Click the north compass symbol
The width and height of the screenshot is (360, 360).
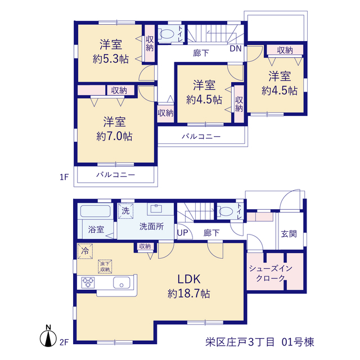click(x=48, y=337)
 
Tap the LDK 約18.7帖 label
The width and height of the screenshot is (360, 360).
click(x=189, y=286)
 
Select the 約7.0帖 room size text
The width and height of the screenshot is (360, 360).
click(x=114, y=136)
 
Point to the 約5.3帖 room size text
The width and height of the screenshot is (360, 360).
click(x=111, y=59)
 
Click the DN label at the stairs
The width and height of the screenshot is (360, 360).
click(x=236, y=48)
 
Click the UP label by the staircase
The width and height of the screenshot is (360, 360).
click(x=183, y=233)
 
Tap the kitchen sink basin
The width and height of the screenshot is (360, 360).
click(x=121, y=282)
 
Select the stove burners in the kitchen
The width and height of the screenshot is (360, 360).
click(x=88, y=282)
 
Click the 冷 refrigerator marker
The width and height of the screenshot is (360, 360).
click(x=85, y=251)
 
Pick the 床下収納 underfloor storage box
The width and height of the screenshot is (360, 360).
click(x=105, y=267)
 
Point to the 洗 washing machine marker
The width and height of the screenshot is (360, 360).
click(x=125, y=211)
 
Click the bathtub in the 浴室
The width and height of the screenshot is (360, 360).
click(x=95, y=211)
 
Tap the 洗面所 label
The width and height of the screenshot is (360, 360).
click(x=151, y=227)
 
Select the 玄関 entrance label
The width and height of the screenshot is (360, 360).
click(x=289, y=234)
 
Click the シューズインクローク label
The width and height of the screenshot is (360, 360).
click(x=271, y=273)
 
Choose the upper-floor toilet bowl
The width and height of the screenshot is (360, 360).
click(x=166, y=34)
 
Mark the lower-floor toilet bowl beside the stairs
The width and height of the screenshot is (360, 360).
click(x=225, y=211)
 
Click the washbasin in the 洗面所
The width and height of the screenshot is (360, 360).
click(x=156, y=209)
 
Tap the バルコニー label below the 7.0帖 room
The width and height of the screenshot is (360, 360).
click(x=115, y=175)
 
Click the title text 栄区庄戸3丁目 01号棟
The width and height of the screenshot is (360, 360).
click(x=260, y=342)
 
